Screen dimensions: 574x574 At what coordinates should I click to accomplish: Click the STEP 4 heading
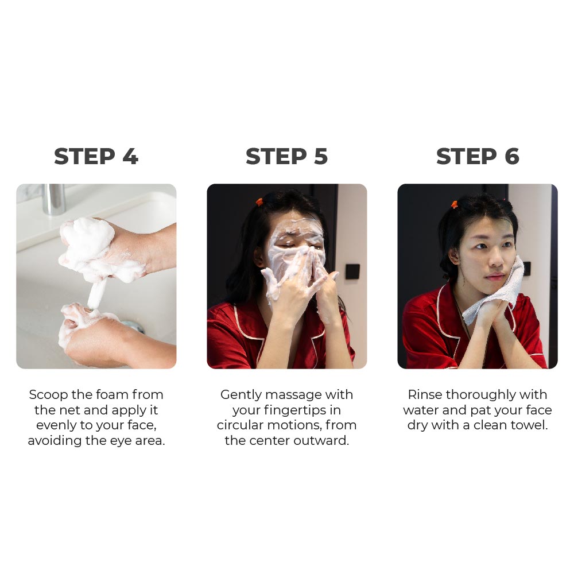tap(96, 156)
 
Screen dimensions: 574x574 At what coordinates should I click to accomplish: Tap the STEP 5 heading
tap(286, 156)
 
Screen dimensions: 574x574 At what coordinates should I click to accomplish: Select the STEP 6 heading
tap(478, 156)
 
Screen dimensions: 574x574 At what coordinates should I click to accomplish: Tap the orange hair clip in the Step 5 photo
tap(259, 201)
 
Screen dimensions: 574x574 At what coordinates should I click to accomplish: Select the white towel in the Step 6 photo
tap(496, 293)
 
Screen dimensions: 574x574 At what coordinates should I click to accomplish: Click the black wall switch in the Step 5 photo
tap(352, 272)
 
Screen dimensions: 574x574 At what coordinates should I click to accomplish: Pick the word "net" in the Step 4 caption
tap(69, 410)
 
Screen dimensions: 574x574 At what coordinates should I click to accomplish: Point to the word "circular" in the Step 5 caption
tap(240, 425)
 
